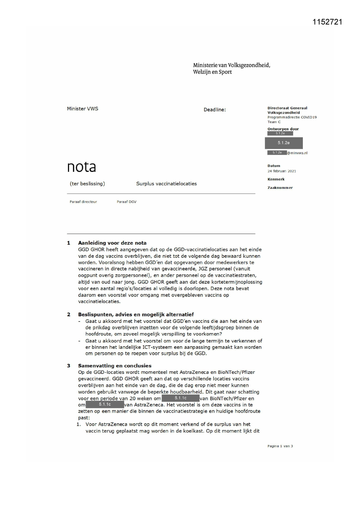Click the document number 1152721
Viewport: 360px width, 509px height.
(x=327, y=22)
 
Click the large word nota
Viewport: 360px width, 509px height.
(x=82, y=167)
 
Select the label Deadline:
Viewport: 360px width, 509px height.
(x=215, y=110)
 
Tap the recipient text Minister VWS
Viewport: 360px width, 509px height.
(x=83, y=109)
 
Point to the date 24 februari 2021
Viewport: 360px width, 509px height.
(x=282, y=171)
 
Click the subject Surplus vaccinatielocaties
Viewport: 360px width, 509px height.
(x=167, y=184)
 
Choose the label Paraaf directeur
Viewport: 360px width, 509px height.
(x=83, y=202)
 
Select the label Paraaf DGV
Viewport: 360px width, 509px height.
(x=126, y=202)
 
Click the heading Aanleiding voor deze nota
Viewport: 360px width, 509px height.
(x=112, y=243)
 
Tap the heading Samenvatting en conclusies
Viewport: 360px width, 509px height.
(x=115, y=366)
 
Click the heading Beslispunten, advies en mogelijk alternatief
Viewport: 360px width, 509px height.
(x=136, y=314)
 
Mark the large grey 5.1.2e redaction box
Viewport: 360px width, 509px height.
(x=284, y=143)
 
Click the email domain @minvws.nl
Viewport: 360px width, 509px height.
(x=297, y=153)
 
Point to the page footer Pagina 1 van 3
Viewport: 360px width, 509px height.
(x=280, y=446)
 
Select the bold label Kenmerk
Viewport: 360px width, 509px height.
(x=276, y=179)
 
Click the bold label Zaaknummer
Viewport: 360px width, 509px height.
(x=280, y=188)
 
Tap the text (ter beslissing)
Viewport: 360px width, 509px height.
(x=87, y=184)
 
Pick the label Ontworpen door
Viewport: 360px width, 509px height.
(x=283, y=129)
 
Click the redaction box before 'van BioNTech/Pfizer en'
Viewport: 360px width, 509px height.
(x=180, y=398)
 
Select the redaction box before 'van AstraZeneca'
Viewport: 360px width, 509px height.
(x=105, y=405)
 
